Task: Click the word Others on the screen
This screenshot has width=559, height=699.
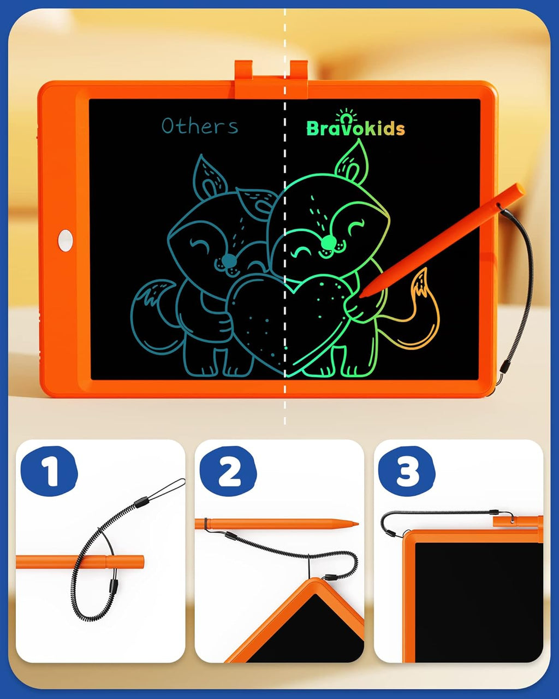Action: [x=200, y=126]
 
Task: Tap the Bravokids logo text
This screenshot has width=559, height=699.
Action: [x=355, y=128]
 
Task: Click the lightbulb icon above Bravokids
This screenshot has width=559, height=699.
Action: [x=347, y=115]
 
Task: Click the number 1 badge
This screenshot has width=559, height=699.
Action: [x=50, y=471]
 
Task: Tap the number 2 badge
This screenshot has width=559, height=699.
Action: [x=228, y=471]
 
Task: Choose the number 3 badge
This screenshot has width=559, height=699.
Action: [x=407, y=471]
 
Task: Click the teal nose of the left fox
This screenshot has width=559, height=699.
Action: [x=230, y=262]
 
